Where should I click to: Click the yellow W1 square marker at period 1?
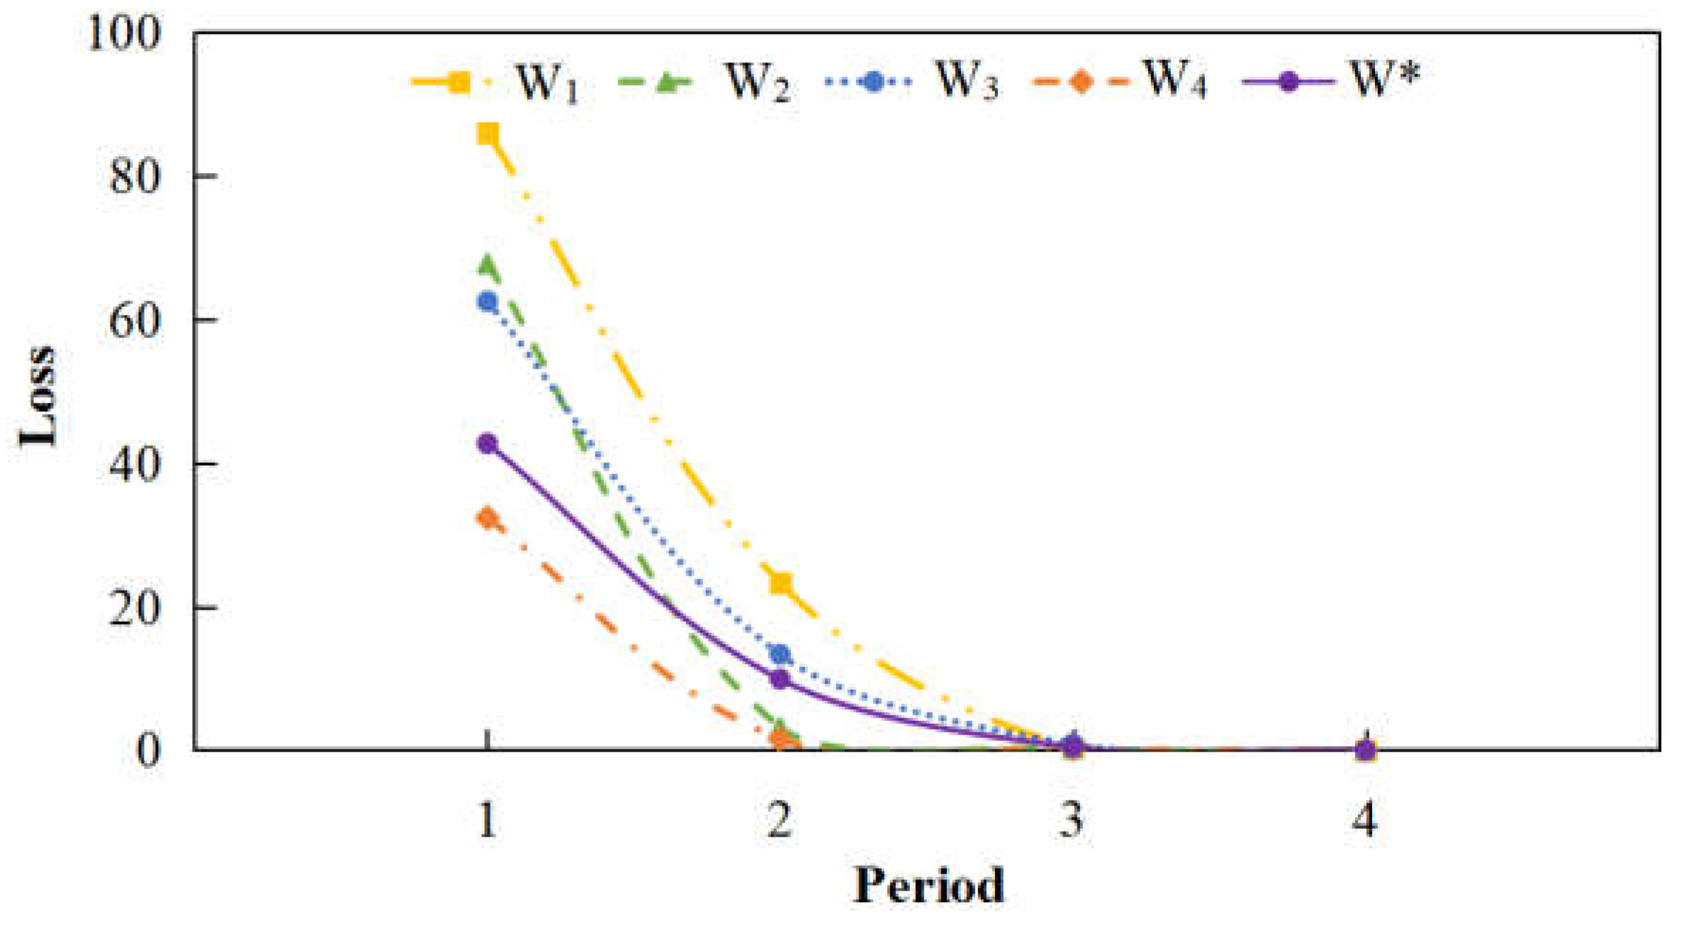click(x=488, y=133)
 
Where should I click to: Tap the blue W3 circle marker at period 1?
click(x=488, y=302)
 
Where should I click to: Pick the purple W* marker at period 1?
click(x=488, y=444)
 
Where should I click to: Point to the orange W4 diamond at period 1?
click(x=488, y=518)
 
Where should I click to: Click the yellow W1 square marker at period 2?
click(x=780, y=583)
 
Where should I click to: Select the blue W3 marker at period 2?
click(x=780, y=654)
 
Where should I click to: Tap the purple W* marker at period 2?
click(x=780, y=679)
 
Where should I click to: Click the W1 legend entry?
click(x=496, y=82)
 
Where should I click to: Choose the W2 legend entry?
click(x=705, y=82)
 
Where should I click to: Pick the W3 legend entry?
click(x=914, y=82)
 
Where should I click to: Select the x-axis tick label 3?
click(x=1072, y=820)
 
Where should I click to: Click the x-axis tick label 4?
click(x=1364, y=820)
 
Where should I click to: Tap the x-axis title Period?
click(x=928, y=886)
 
